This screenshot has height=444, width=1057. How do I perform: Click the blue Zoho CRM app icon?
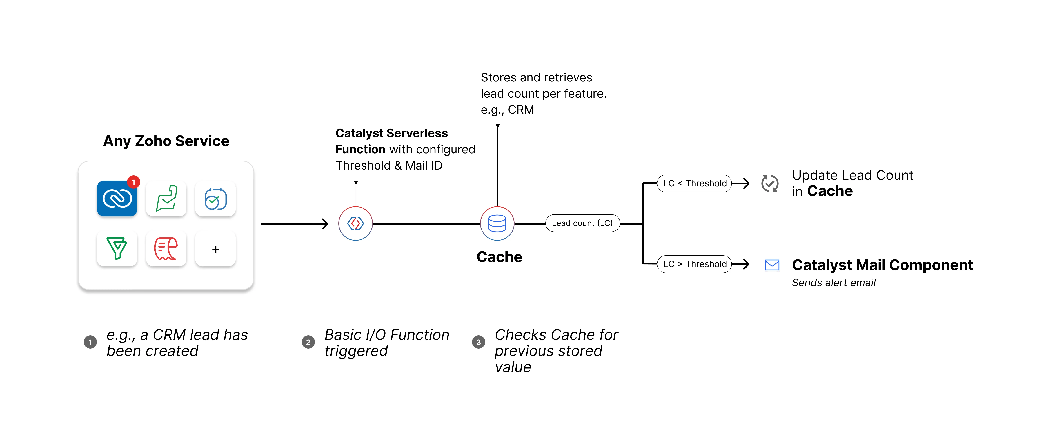[x=117, y=199]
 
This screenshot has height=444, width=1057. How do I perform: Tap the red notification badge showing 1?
[x=133, y=182]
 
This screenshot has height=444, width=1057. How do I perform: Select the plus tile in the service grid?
[x=215, y=249]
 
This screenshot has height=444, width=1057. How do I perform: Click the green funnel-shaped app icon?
[x=117, y=248]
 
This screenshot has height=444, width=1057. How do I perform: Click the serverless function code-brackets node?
[x=355, y=224]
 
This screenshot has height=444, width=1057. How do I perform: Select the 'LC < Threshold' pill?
[x=694, y=183]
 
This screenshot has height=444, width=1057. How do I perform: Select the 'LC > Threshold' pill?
[x=694, y=264]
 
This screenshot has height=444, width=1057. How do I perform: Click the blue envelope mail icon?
[x=772, y=265]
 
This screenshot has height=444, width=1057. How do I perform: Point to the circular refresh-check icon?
[x=770, y=183]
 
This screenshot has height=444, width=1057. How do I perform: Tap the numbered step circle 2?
[x=308, y=342]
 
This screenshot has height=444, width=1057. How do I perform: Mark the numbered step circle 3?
[x=478, y=342]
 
